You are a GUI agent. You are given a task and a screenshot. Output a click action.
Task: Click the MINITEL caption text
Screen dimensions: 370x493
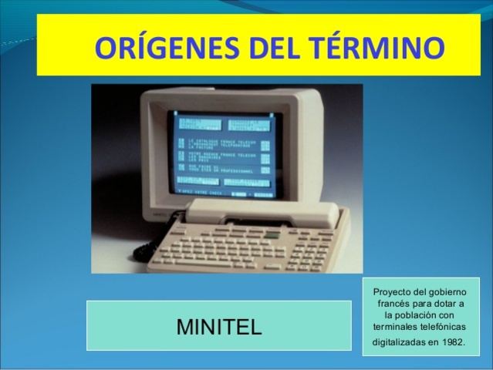pos(220,326)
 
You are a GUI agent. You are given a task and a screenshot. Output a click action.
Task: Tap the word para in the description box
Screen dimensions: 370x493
pos(424,304)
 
